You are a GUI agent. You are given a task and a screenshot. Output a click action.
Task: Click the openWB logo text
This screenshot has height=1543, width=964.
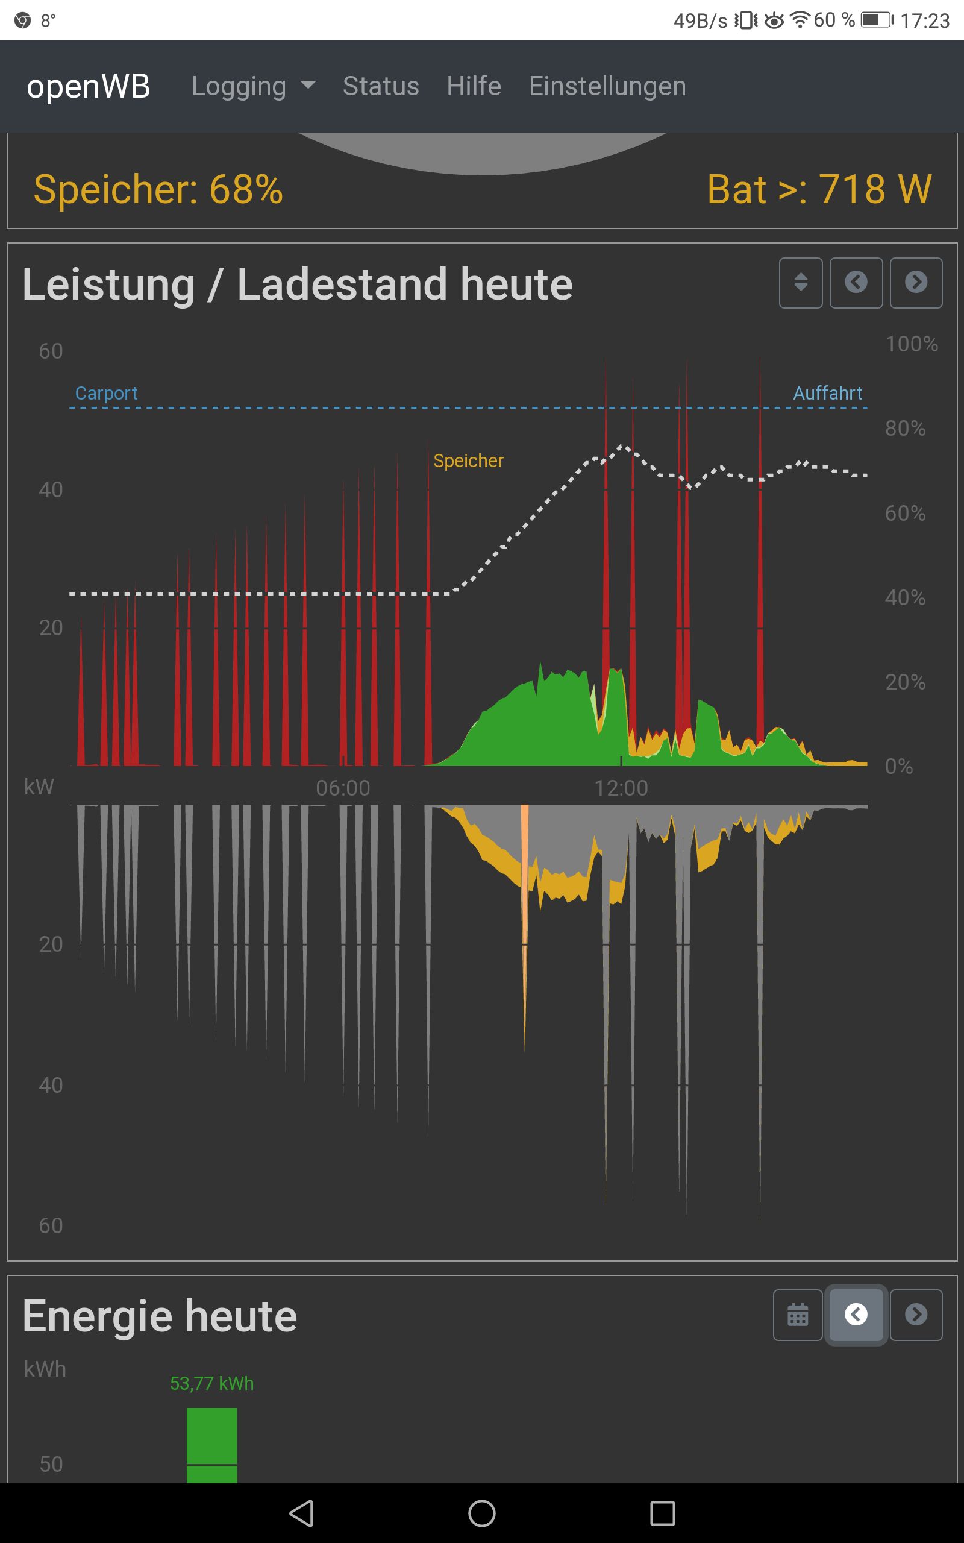88,86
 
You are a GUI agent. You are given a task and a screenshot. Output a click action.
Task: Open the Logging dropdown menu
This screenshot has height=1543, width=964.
253,86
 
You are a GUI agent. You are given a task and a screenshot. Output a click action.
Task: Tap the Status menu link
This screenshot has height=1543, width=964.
381,86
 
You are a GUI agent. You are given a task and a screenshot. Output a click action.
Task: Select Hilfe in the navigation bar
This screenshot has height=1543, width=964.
474,86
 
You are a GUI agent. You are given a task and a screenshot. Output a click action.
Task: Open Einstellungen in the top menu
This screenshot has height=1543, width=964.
607,86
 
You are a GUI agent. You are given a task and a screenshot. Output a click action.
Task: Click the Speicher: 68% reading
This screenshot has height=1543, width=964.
158,189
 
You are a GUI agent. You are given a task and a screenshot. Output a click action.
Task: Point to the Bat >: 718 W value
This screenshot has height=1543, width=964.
819,189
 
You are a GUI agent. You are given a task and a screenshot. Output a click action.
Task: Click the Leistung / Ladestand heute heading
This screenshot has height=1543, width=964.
297,284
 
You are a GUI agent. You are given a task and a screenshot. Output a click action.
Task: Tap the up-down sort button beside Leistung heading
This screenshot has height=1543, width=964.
800,283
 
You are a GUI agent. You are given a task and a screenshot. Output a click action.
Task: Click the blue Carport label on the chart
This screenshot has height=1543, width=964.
107,393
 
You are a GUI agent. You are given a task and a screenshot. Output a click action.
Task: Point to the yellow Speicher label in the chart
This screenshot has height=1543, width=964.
468,460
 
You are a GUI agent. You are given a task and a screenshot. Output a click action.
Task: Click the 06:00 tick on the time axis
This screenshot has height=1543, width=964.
343,788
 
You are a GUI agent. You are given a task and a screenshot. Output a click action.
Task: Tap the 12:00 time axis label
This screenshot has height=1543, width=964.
621,788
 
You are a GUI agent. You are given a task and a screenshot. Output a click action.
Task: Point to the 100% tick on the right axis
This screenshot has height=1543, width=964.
911,344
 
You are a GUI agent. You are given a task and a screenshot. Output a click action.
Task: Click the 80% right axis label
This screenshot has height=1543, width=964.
905,429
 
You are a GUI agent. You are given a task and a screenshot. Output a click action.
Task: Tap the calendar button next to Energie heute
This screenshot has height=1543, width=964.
798,1314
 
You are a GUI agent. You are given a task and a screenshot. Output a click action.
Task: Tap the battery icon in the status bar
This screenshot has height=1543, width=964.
877,20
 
